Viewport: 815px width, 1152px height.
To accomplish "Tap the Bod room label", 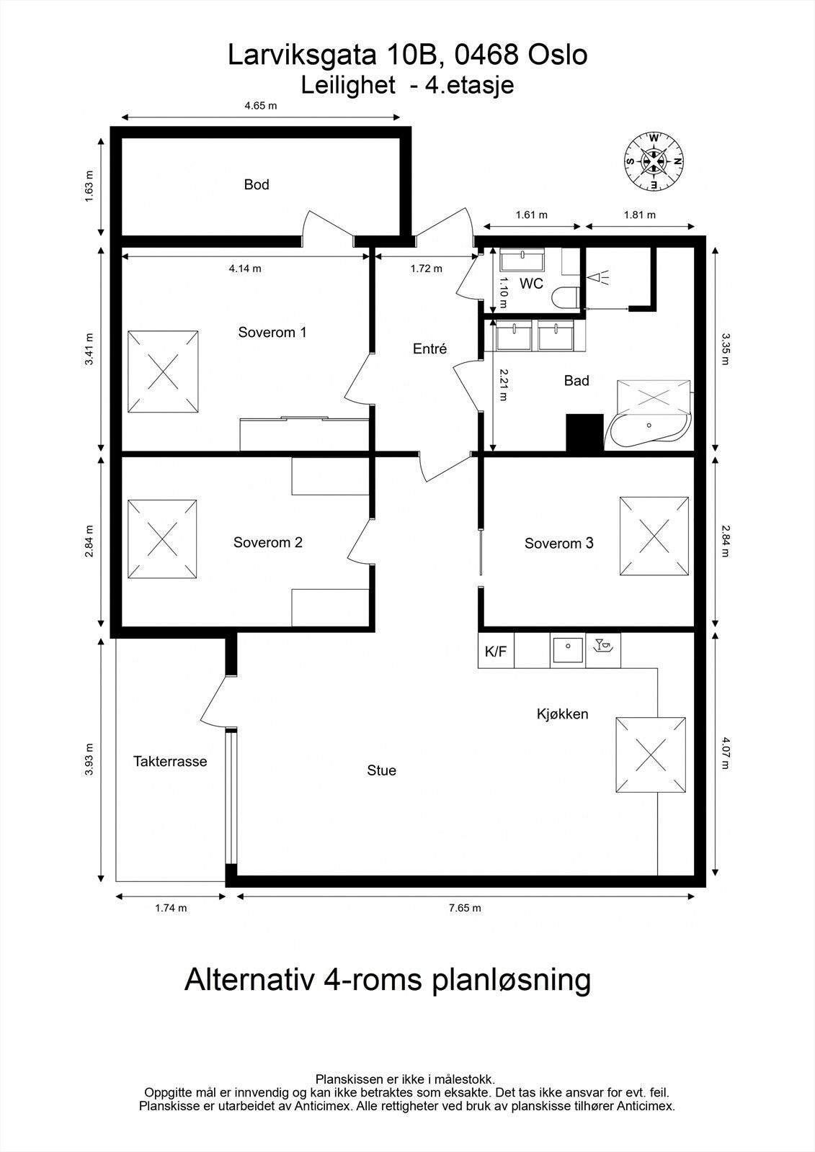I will click(257, 185).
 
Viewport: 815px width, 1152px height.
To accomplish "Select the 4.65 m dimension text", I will click(261, 106).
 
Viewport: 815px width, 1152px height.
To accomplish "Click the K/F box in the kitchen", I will click(496, 652).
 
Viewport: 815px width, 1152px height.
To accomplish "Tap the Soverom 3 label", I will click(558, 544).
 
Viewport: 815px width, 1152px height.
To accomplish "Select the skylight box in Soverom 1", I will click(163, 372).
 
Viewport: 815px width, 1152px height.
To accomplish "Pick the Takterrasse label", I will click(170, 761).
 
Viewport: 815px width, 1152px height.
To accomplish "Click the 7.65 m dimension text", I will click(465, 908).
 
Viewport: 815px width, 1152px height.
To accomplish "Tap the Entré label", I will click(430, 349).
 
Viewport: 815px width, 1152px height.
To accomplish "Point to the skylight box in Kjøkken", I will click(651, 755).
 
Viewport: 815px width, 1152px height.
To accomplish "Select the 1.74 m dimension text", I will click(171, 908).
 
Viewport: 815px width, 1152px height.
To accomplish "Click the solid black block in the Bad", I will click(584, 433).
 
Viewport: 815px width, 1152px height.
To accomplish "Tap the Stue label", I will click(382, 770).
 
